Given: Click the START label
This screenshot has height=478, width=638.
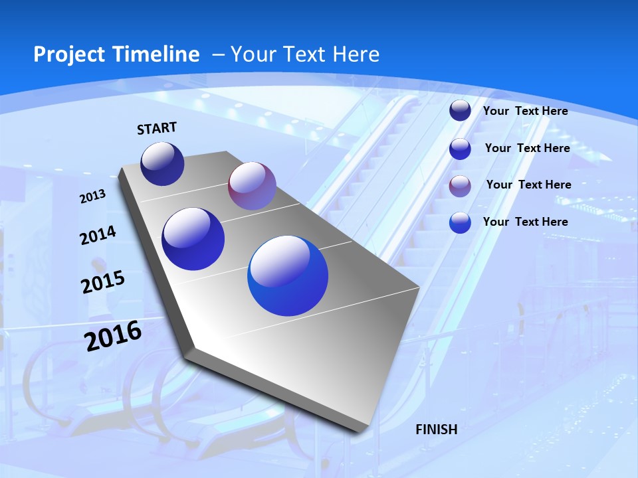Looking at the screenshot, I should [x=157, y=128].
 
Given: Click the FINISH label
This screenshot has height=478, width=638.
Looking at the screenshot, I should [x=437, y=430].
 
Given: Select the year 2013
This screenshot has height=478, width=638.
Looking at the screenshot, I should [x=92, y=197].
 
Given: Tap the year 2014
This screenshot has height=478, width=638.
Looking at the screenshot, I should [x=98, y=236].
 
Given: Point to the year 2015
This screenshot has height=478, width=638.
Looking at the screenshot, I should [x=102, y=282].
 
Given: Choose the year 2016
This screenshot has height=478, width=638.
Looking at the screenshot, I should [x=113, y=336].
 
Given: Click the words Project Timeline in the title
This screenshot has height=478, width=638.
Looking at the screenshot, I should [x=116, y=54].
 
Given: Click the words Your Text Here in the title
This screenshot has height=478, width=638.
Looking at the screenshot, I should [x=304, y=54].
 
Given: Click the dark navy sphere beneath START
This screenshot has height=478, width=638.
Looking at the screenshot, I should [x=162, y=164].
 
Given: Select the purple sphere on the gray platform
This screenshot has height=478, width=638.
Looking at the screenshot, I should [x=252, y=186].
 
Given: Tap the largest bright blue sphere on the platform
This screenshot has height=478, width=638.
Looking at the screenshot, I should [x=288, y=276].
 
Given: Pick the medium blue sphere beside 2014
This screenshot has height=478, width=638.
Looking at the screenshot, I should [x=193, y=239].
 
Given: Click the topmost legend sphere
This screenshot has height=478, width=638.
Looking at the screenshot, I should [x=460, y=111].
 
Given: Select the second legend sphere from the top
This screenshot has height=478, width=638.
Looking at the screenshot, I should [x=460, y=149].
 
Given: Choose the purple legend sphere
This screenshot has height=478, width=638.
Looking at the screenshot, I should [x=460, y=186].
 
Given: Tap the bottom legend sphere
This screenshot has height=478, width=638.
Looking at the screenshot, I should [x=460, y=222].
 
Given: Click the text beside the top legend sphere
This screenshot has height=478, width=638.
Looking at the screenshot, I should [x=525, y=111].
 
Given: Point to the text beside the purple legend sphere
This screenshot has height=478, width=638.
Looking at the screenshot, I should [x=528, y=185].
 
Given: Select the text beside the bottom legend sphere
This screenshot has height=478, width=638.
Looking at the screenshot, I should [x=525, y=222].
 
